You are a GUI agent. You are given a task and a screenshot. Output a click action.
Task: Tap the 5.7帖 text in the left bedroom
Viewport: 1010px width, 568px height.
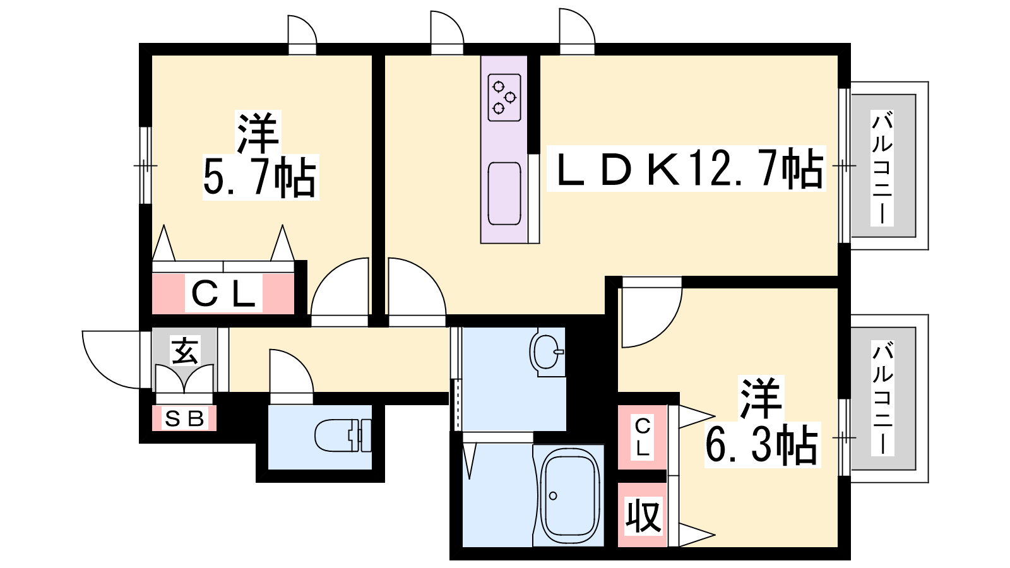259,177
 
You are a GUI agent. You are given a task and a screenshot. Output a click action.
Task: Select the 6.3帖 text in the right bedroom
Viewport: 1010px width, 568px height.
761,445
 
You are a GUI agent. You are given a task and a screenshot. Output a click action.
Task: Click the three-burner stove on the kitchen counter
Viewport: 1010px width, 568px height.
504,97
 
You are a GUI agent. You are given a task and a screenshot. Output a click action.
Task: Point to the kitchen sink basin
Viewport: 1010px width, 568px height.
504,193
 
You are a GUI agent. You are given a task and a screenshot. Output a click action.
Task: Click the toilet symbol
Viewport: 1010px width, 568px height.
343,435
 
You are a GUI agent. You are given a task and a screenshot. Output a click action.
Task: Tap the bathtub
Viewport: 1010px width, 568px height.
569,495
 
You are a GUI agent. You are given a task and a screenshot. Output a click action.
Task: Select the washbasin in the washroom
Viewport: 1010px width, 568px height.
547,353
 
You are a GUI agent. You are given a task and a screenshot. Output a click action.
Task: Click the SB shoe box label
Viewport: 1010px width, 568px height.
184,419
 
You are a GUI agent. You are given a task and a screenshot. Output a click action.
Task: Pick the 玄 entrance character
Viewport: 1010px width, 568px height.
184,352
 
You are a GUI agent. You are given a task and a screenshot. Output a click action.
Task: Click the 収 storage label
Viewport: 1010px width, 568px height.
643,515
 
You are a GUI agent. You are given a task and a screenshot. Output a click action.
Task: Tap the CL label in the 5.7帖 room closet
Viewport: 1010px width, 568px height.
223,294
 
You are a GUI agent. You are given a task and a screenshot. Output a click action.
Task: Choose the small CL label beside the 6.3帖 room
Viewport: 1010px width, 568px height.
643,437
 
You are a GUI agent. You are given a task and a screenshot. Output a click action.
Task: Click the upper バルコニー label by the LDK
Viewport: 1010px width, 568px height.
882,168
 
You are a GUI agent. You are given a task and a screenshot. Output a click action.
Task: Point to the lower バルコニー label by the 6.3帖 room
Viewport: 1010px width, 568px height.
882,398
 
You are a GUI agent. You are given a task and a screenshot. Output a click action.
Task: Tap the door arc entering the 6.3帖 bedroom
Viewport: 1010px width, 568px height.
667,329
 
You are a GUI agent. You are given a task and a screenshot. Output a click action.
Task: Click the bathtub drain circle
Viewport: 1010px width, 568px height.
553,496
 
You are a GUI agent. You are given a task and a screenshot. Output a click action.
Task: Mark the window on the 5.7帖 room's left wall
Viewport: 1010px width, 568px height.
145,165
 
